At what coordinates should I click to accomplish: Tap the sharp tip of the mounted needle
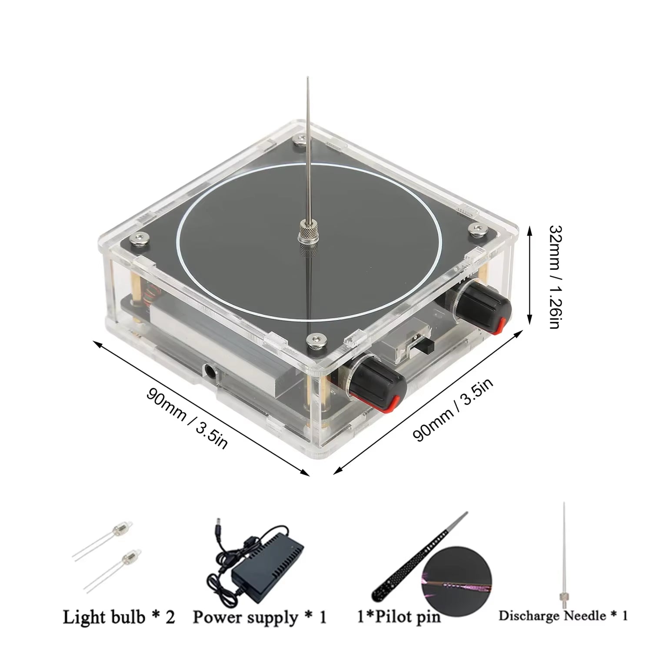point(308,79)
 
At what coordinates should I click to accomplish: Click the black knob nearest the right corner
point(482,308)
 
